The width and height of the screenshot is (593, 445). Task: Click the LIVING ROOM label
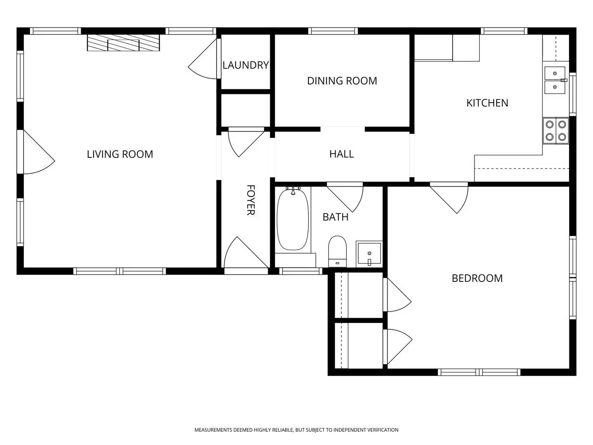pyautogui.click(x=120, y=154)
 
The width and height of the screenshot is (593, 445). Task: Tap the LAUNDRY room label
pyautogui.click(x=245, y=65)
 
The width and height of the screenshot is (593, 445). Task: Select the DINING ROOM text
pyautogui.click(x=342, y=81)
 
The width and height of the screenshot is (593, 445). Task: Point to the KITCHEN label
pyautogui.click(x=487, y=103)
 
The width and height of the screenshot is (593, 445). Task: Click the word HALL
pyautogui.click(x=341, y=154)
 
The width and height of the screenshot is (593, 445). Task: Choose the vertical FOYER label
pyautogui.click(x=250, y=200)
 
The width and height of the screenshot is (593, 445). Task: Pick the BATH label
pyautogui.click(x=335, y=217)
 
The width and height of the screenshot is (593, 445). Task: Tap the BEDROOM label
pyautogui.click(x=477, y=278)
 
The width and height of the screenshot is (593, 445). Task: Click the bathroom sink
pyautogui.click(x=369, y=253)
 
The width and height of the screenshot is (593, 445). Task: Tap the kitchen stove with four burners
pyautogui.click(x=556, y=131)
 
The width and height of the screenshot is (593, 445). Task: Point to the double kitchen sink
pyautogui.click(x=555, y=80)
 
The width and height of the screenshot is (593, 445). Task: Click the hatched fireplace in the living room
pyautogui.click(x=123, y=43)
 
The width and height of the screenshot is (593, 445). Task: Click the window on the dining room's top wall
pyautogui.click(x=333, y=31)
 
